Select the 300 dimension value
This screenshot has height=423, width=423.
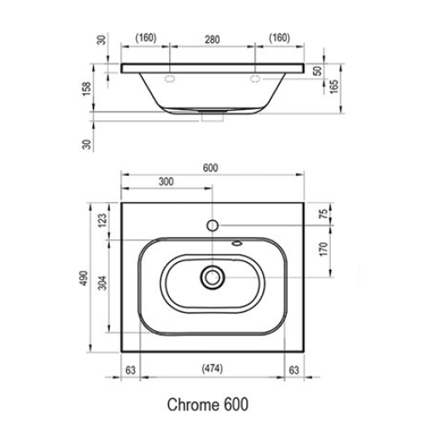[x=166, y=182]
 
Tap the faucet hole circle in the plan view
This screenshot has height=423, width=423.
[x=212, y=226]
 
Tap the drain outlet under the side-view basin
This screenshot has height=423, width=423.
[x=212, y=118]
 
